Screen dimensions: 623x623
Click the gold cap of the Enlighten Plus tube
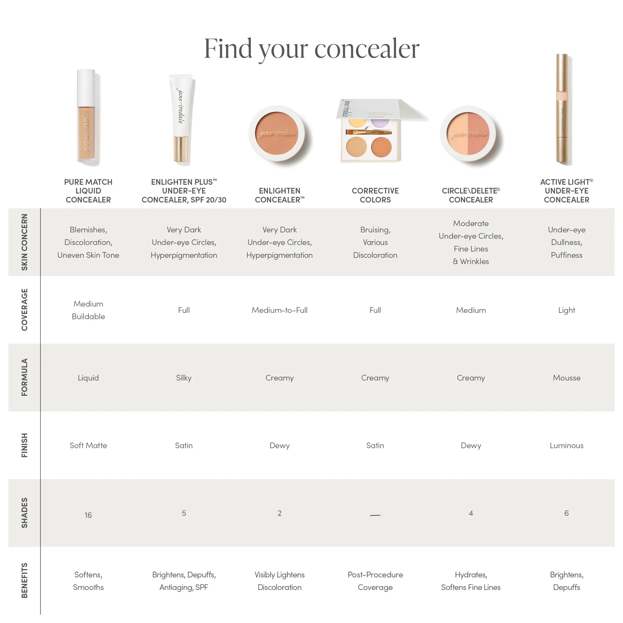[x=181, y=149]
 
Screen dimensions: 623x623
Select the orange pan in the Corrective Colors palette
[x=381, y=147]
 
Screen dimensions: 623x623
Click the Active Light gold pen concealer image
[x=562, y=110]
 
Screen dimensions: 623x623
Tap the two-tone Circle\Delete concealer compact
[x=468, y=134]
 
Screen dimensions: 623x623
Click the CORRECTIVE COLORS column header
[x=375, y=195]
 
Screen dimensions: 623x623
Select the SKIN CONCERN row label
[x=25, y=242]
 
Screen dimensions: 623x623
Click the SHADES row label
[x=25, y=513]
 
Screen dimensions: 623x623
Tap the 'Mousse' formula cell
[x=566, y=378]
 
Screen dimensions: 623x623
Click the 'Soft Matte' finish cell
[x=88, y=446]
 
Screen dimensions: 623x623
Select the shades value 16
[x=88, y=515]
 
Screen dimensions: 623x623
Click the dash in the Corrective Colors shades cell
[x=375, y=515]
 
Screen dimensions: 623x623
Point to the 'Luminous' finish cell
[x=566, y=446]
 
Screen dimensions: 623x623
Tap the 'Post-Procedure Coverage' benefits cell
[x=375, y=581]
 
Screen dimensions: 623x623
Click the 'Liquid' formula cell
[x=88, y=378]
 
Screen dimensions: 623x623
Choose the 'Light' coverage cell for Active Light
[x=566, y=310]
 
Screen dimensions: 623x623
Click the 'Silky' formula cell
[x=183, y=378]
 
